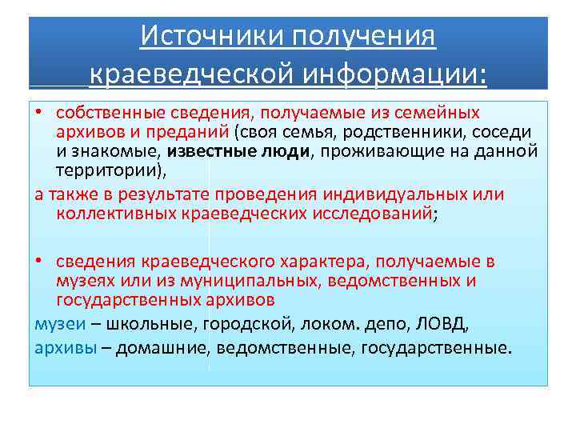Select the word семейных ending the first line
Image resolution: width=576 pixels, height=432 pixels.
click(439, 113)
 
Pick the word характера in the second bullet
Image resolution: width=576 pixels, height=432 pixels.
click(313, 262)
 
